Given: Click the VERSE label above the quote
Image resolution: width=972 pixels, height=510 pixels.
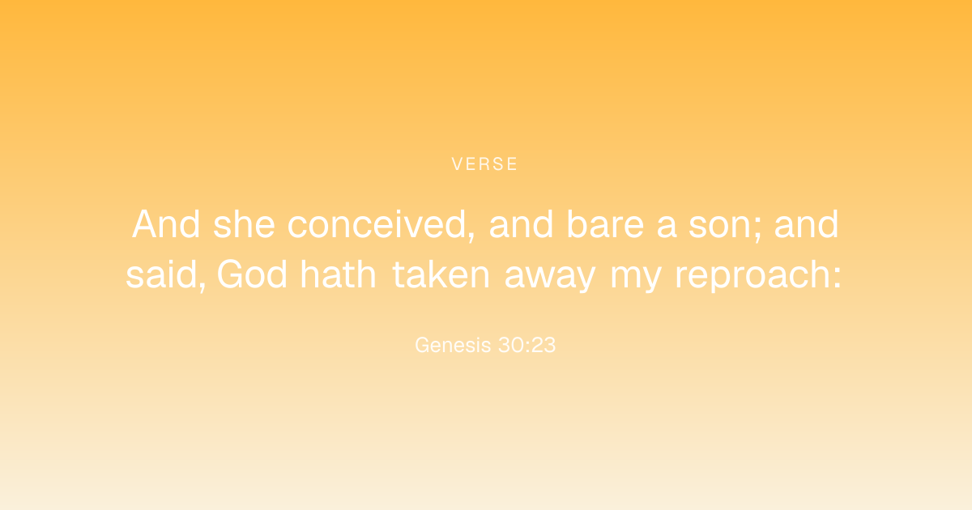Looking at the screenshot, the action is pos(484,164).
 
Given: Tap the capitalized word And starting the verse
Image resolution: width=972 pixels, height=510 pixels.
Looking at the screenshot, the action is pos(166,224).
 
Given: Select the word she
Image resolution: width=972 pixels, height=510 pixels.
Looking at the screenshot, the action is pos(245,224).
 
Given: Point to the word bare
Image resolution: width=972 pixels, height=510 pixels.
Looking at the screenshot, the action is pos(605,224).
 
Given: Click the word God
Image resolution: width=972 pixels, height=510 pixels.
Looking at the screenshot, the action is pos(252,274).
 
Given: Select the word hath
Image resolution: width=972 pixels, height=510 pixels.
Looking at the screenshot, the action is pos(338,274).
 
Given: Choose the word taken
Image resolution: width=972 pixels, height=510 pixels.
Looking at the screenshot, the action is pos(441,274).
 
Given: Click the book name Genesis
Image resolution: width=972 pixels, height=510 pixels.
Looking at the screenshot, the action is pos(453,345).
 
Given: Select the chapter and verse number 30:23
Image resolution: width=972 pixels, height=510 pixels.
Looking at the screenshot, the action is pos(526,345).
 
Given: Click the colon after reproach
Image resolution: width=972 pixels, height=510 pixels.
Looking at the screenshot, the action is pos(837,278).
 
